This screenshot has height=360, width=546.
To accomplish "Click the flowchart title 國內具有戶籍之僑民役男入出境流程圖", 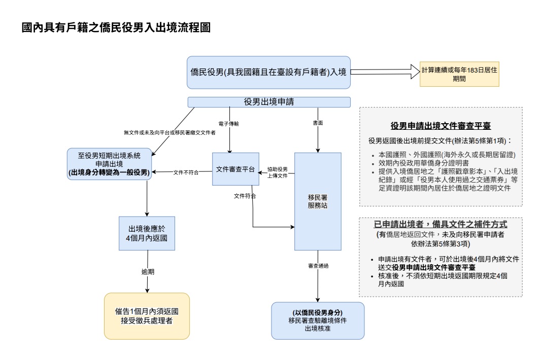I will [116, 27].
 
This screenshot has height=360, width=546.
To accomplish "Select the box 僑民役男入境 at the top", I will [268, 72].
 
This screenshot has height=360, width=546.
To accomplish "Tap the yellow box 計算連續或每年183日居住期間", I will [459, 75].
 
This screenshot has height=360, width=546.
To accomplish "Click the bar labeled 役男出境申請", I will [268, 102].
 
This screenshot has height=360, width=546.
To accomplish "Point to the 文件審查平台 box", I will [235, 169].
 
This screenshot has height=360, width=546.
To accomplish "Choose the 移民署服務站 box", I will [318, 201].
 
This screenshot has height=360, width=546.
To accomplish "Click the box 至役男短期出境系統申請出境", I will [109, 163].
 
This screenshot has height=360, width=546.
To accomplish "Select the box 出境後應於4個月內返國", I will [147, 233].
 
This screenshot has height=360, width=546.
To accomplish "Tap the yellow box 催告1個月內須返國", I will [147, 315].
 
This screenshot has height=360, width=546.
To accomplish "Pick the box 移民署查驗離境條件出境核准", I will [318, 320].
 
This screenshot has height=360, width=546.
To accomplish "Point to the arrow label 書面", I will [318, 123].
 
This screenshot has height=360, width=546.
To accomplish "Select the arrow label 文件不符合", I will [186, 172].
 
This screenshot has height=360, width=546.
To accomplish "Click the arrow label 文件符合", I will [245, 196].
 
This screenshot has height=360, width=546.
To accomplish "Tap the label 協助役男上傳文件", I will [278, 172].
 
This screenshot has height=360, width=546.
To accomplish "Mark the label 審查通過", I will [318, 266].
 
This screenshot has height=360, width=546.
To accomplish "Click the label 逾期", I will [148, 272].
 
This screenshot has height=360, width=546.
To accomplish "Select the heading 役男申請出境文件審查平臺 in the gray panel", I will [440, 126].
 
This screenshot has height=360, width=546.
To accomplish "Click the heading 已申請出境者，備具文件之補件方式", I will [440, 224].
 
